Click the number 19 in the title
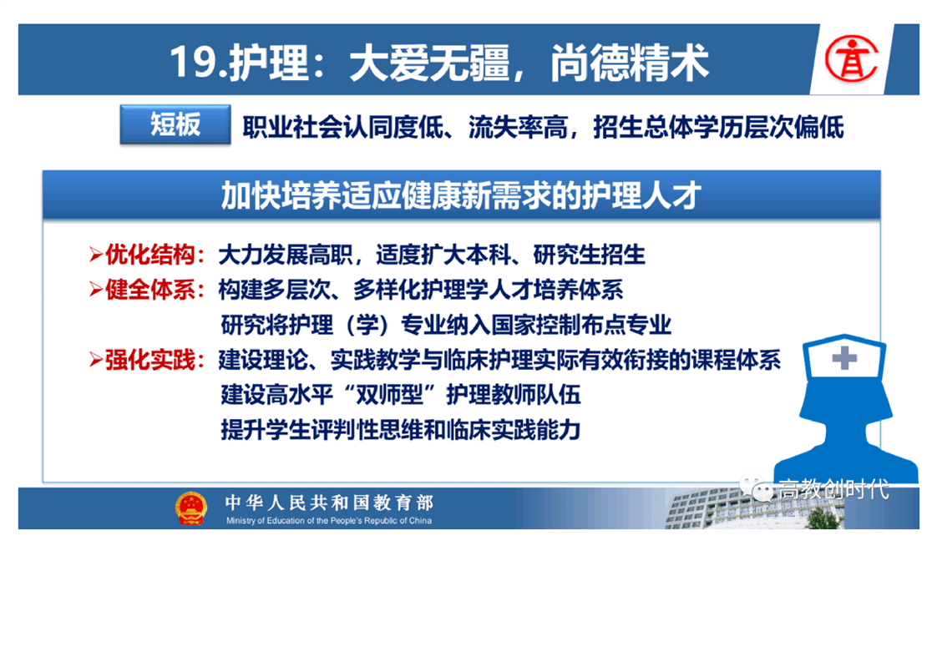[192, 62]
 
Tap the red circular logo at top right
[851, 58]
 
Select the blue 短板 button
[175, 124]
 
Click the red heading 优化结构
[149, 255]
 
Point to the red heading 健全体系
[149, 290]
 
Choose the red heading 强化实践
[149, 361]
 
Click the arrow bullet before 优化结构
[95, 255]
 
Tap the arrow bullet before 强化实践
[95, 361]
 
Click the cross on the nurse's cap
[843, 358]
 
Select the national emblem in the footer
[190, 508]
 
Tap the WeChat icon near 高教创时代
[756, 488]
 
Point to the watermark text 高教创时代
[833, 488]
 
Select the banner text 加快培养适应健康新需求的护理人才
[461, 195]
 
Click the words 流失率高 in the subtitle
[518, 127]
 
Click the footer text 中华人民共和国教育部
[329, 503]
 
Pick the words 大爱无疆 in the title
[429, 62]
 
